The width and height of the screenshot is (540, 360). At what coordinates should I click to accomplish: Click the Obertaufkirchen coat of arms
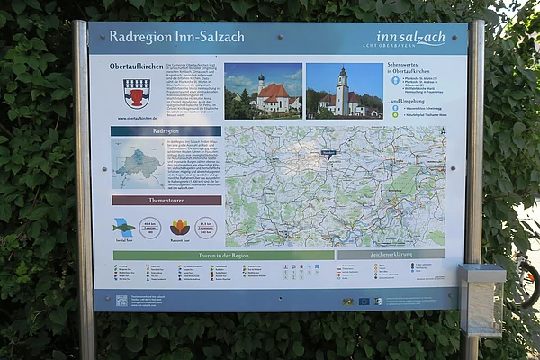(x=137, y=92)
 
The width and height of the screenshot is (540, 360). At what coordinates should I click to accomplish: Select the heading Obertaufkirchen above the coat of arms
(x=137, y=67)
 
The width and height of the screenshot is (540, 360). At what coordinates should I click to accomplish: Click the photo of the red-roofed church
(x=263, y=91)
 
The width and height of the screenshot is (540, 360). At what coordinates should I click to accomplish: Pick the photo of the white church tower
(x=344, y=91)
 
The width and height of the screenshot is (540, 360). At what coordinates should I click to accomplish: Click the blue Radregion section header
(x=166, y=131)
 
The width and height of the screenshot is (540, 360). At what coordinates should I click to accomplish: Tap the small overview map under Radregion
(x=138, y=164)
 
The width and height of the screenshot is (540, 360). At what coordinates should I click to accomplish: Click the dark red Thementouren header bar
(x=166, y=201)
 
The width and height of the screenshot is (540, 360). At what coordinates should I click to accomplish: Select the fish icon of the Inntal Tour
(x=123, y=227)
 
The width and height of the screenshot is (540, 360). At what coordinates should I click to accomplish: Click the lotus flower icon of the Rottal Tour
(x=180, y=227)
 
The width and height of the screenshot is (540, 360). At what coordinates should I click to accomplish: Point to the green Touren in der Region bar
(x=223, y=256)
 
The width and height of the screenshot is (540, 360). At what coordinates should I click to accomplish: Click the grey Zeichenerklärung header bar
(x=390, y=255)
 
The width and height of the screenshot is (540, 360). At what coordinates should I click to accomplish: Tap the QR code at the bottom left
(x=121, y=301)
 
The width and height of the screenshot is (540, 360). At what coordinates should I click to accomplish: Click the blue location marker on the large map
(x=329, y=154)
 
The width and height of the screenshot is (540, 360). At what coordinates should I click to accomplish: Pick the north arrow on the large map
(x=441, y=131)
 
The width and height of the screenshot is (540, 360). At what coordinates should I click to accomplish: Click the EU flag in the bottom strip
(x=364, y=301)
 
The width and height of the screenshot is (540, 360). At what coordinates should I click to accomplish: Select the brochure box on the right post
(x=482, y=299)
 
